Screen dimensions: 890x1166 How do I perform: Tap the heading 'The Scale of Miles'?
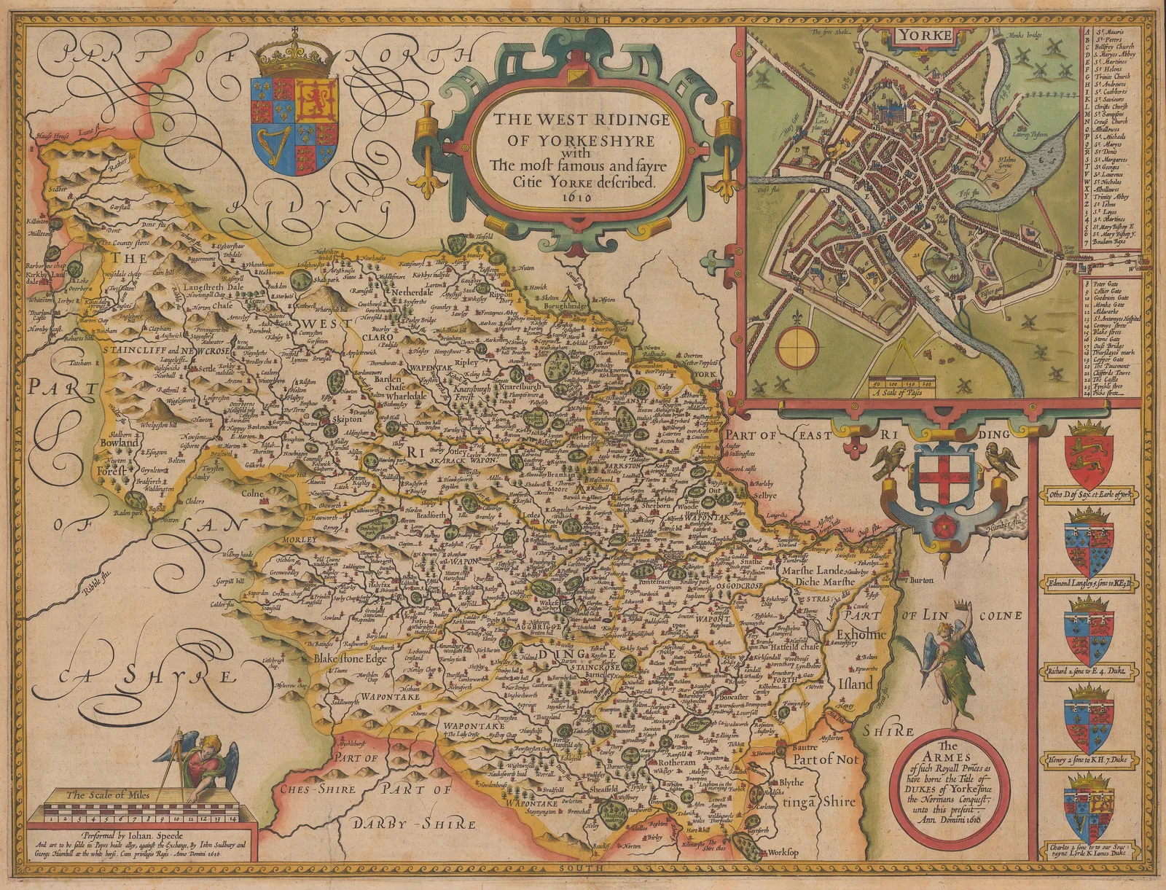109,795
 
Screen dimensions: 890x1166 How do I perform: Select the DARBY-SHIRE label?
413,824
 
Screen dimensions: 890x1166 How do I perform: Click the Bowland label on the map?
121,442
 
